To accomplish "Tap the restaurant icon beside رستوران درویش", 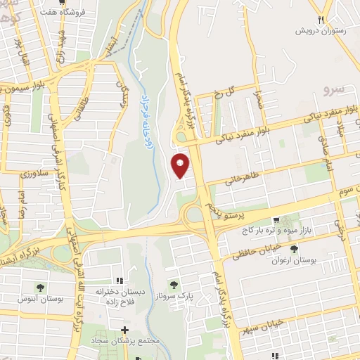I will click(x=321, y=20).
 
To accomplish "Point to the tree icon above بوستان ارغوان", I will click(x=294, y=248).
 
